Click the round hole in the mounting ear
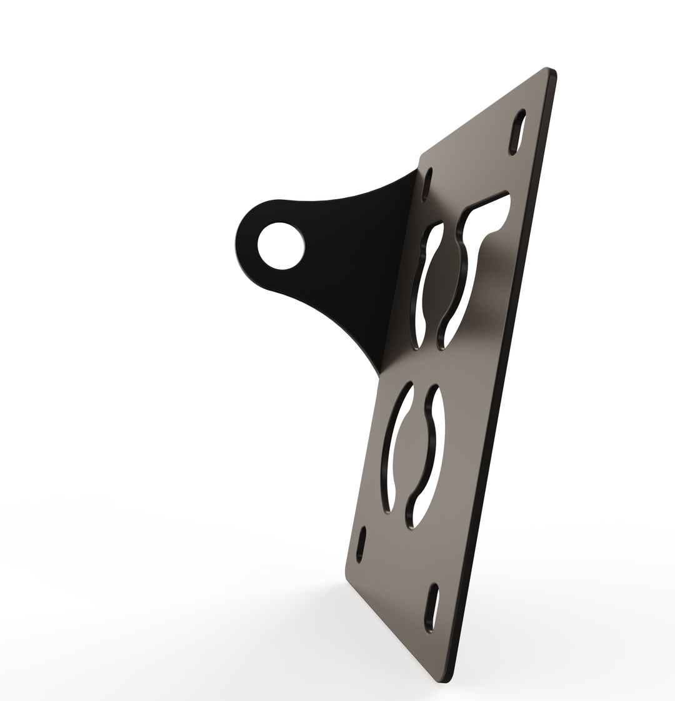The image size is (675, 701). [x=281, y=245]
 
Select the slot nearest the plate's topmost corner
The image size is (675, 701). [x=517, y=132]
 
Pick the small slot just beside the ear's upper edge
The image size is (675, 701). [x=427, y=184]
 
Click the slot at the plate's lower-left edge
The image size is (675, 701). [x=361, y=544]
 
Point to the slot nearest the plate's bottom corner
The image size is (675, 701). [x=431, y=607]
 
